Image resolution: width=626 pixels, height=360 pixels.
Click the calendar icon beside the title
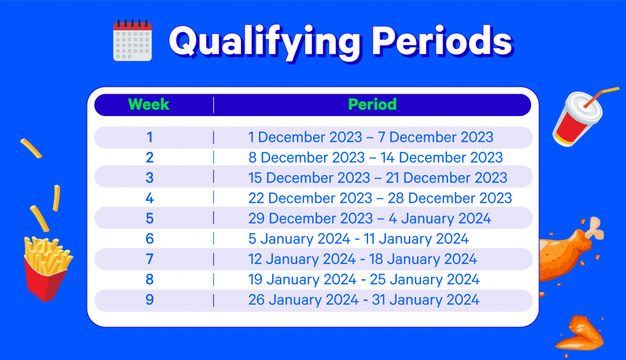133,40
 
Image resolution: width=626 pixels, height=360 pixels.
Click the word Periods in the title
442,40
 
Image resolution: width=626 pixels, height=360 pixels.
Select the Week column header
149,105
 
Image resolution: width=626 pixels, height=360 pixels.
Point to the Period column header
372,105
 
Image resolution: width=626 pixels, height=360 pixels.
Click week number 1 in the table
150,138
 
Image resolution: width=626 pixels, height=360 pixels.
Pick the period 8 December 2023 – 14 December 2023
375,158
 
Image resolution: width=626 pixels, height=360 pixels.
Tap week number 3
150,178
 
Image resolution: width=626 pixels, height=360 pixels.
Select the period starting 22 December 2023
380,199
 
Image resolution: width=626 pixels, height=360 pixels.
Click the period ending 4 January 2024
370,219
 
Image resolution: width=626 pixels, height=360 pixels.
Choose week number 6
150,239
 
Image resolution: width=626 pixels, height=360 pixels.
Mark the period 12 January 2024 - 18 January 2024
363,259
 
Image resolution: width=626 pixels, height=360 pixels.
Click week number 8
150,280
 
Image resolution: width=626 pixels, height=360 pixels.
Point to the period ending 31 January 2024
364,300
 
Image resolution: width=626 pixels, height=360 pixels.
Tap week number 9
150,300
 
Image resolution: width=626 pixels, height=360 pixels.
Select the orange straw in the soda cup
602,96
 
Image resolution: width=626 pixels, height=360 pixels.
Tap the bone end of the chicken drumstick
595,229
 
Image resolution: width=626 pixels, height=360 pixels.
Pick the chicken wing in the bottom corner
580,334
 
